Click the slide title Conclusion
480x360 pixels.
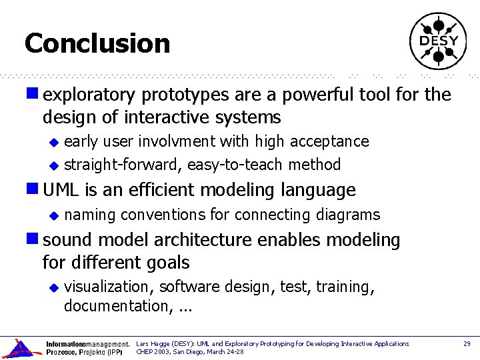coord(97,44)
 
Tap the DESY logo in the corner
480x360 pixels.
coord(438,41)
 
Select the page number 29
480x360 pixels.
coord(467,343)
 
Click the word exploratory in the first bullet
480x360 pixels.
coord(84,95)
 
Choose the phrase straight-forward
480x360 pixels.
coord(123,165)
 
